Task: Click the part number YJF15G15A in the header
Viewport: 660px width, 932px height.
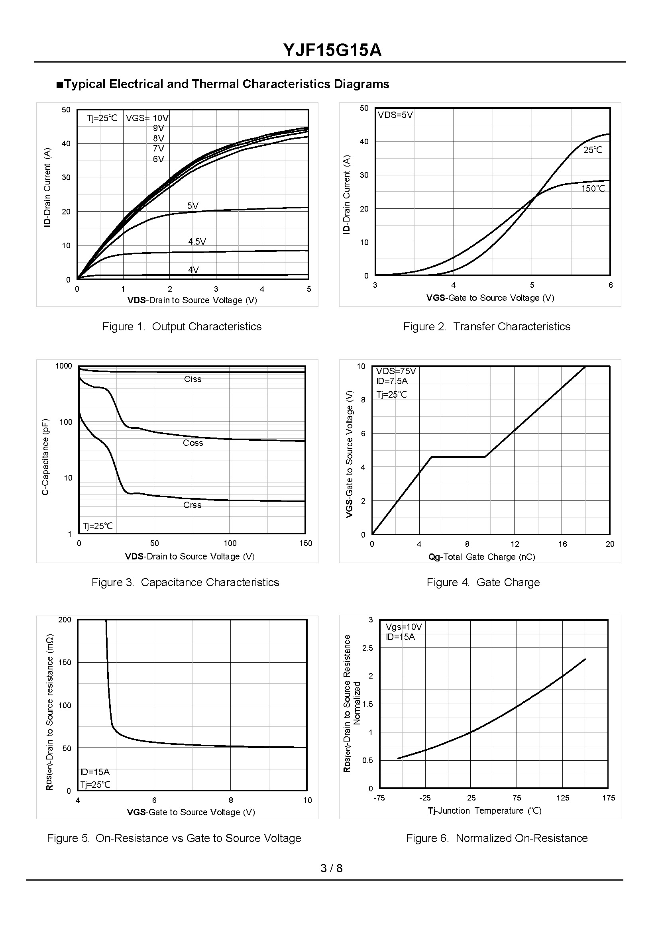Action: pos(332,50)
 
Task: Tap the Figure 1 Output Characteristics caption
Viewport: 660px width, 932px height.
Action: pos(182,327)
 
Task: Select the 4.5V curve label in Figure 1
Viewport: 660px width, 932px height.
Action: pos(197,242)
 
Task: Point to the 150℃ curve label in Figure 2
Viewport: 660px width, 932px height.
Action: pos(593,188)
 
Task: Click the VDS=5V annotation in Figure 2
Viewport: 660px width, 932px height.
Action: pos(395,115)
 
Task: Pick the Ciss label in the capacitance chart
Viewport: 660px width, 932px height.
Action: pos(192,379)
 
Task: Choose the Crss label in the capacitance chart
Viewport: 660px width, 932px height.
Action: pos(192,505)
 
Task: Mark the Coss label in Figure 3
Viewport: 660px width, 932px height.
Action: pos(192,443)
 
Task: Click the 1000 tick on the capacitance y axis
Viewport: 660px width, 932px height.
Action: pos(63,366)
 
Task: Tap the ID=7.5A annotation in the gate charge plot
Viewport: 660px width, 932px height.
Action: pos(392,381)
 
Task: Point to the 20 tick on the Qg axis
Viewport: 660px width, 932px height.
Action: pos(610,544)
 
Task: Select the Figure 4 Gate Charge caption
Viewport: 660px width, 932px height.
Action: pos(483,583)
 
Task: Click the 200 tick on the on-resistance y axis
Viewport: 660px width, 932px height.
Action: pos(65,620)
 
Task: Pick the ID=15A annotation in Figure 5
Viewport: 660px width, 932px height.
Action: pos(95,772)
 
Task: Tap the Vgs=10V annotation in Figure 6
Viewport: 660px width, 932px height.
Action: pos(404,627)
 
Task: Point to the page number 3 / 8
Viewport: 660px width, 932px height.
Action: pos(331,868)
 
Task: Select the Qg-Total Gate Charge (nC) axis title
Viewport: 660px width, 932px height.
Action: pos(481,557)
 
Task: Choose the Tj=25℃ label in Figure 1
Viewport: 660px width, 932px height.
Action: pos(102,118)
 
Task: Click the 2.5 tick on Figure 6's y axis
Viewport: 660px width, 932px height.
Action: pos(367,648)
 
